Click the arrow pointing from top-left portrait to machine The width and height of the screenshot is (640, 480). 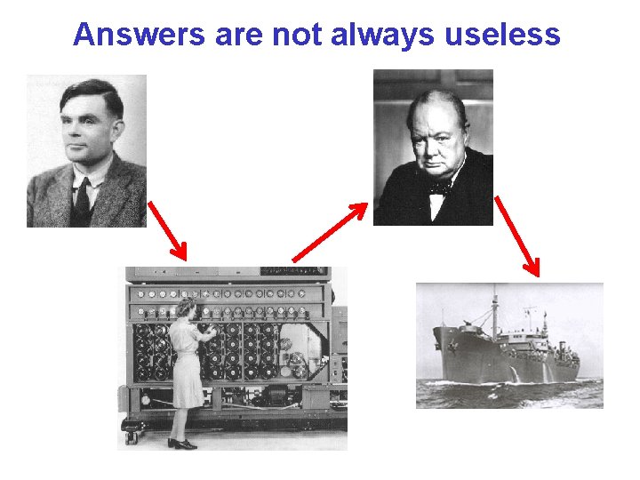167,230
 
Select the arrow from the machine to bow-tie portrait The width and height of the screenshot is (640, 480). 330,232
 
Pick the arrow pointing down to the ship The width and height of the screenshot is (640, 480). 516,236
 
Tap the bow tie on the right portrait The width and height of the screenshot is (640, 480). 437,188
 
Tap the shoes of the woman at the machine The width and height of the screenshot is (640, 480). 183,442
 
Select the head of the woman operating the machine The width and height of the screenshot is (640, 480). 185,309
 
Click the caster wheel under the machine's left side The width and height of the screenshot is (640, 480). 132,436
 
